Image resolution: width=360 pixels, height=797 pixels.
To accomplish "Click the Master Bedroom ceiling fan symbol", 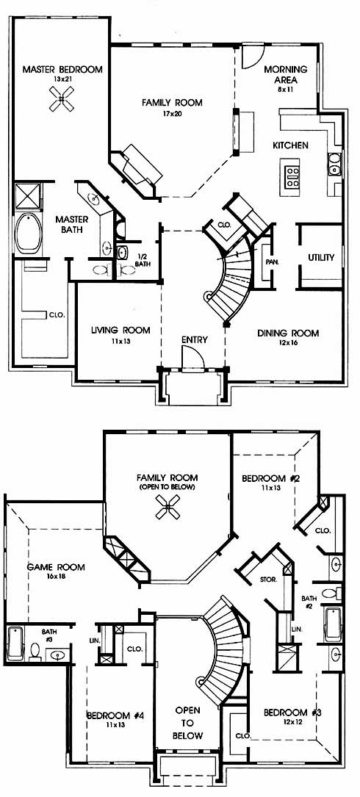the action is (62, 98).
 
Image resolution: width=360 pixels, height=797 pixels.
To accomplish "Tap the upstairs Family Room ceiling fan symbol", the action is (168, 508).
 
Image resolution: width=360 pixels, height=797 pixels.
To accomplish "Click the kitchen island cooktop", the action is (292, 177).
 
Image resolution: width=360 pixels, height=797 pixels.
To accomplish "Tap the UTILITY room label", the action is (321, 257).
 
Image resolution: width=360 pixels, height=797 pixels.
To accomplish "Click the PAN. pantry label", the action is (270, 262).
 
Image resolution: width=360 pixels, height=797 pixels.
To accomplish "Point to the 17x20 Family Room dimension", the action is (172, 113).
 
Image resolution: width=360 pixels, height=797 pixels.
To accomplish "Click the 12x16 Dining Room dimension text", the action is (288, 344).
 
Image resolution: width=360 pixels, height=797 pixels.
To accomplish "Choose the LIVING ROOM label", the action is (120, 331).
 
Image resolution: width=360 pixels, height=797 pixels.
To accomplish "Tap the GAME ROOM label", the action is (56, 567).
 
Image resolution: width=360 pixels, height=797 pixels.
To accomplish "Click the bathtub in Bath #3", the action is (15, 643).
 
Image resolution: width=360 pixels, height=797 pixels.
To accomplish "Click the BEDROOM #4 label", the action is (115, 715).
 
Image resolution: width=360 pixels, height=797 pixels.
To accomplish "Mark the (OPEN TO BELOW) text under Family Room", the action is (168, 487).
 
